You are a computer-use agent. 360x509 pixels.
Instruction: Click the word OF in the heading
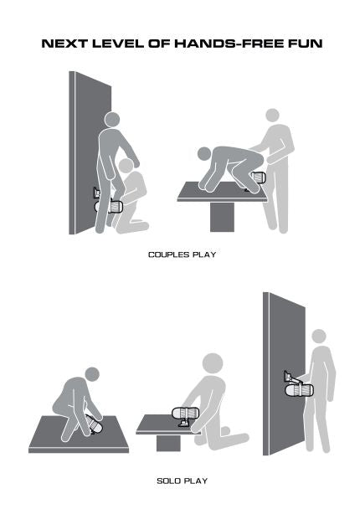point(159,44)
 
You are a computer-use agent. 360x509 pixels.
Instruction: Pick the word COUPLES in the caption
point(169,254)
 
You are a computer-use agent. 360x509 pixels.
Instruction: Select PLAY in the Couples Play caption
point(204,254)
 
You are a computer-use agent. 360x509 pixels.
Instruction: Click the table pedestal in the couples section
point(222,217)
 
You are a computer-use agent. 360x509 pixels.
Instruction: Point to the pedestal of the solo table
point(168,443)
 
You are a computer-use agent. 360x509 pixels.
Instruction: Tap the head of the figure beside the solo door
point(318,337)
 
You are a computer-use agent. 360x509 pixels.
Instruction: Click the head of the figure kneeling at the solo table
point(213,363)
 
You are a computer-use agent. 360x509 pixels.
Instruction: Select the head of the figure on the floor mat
point(92,374)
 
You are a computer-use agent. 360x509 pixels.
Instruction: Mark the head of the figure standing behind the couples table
point(272,116)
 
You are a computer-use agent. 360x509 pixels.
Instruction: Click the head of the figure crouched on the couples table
point(204,153)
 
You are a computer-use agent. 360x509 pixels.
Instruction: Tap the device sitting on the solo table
point(186,414)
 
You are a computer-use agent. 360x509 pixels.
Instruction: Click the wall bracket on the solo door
point(291,377)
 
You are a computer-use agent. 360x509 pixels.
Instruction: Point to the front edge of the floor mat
point(79,450)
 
